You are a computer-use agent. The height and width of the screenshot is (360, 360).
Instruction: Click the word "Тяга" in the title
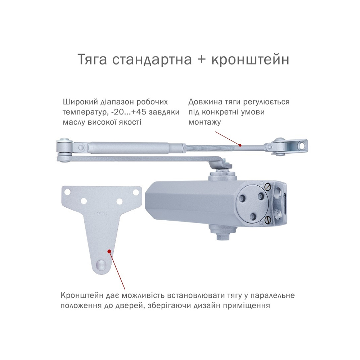coord(92,60)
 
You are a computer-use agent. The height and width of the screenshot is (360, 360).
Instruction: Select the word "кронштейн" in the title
coord(250,60)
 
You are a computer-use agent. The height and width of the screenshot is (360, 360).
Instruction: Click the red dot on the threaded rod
coord(240,145)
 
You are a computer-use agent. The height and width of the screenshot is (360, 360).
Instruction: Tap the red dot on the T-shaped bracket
coord(110,251)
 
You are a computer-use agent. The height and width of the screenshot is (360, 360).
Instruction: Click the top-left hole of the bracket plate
coord(67,192)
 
